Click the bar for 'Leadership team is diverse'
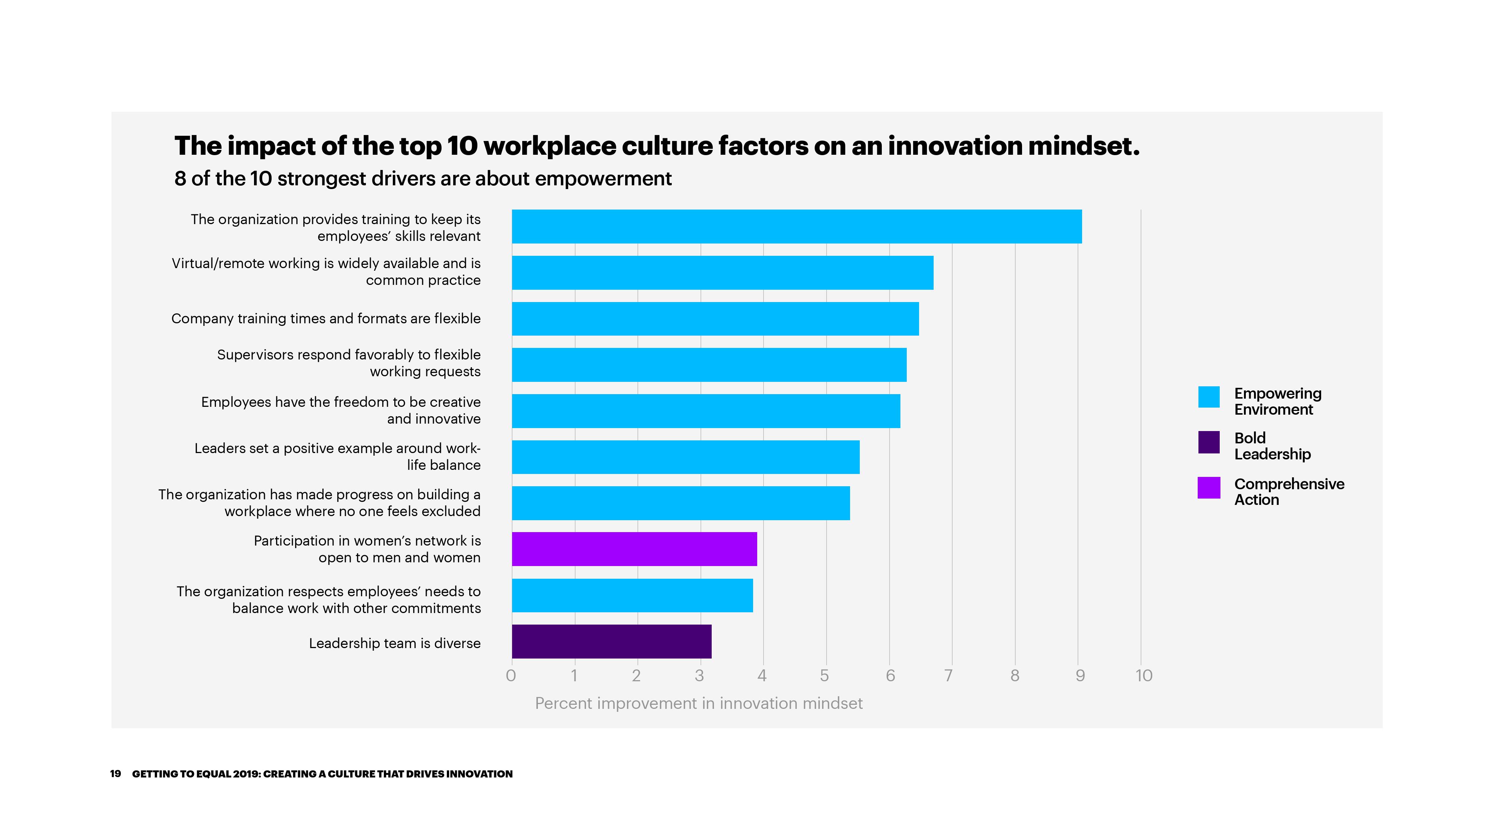(612, 641)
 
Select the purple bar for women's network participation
(634, 549)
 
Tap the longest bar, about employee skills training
(796, 226)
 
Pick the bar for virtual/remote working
(722, 273)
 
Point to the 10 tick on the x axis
(1143, 676)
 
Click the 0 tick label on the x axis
(511, 676)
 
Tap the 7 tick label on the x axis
(948, 676)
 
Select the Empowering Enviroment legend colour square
(1209, 397)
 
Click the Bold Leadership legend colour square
(1209, 442)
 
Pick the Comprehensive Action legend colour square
(1209, 487)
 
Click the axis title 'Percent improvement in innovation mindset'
(699, 704)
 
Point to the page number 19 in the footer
(115, 774)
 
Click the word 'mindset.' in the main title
(1084, 146)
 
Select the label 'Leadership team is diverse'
(394, 643)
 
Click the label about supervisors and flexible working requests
(349, 363)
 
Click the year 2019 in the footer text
(246, 774)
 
